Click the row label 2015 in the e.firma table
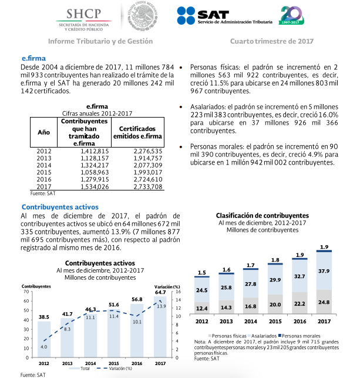(43, 172)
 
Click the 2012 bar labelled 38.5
(44, 339)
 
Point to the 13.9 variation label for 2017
(161, 306)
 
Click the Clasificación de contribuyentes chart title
(262, 216)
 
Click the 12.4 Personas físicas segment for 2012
(202, 307)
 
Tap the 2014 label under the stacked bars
(251, 322)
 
